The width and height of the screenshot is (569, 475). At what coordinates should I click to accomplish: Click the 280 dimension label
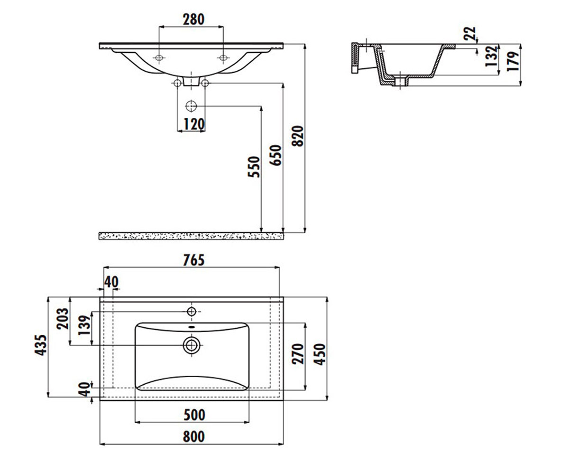193,19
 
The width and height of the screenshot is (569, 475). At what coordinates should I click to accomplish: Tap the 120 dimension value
194,124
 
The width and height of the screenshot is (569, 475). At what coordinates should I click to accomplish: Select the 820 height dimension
297,136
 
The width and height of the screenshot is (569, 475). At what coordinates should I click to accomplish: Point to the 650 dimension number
275,155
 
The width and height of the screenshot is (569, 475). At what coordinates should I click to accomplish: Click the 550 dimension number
254,167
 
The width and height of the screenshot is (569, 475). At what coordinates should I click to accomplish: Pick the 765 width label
194,260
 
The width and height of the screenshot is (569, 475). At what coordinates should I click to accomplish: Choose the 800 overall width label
194,437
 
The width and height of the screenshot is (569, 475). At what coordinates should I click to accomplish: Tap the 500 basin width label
194,415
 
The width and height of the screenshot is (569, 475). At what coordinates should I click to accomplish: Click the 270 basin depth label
298,354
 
